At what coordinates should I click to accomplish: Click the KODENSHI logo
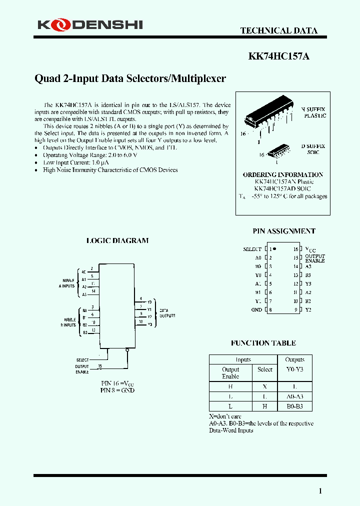(x=90, y=24)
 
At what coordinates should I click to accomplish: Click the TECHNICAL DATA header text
(x=278, y=30)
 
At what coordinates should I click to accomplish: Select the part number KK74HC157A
(x=278, y=56)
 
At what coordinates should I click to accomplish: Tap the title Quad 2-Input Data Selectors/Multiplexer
(x=130, y=78)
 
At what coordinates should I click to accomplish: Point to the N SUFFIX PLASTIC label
(x=313, y=112)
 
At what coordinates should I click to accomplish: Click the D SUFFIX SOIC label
(x=313, y=149)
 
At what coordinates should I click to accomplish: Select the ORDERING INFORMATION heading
(x=283, y=174)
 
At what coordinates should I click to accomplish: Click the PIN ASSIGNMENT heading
(x=284, y=231)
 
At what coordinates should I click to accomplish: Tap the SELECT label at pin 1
(x=252, y=249)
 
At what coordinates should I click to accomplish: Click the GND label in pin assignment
(x=256, y=310)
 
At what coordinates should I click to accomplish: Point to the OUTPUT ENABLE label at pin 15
(x=314, y=258)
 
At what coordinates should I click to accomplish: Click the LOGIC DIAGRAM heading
(x=117, y=240)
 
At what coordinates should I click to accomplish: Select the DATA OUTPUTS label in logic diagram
(x=167, y=313)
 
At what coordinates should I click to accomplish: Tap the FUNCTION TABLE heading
(x=263, y=343)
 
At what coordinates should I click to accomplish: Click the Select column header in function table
(x=265, y=369)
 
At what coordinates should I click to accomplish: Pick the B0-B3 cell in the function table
(x=294, y=406)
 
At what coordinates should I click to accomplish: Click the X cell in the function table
(x=265, y=387)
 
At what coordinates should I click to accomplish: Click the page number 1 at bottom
(x=320, y=491)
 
